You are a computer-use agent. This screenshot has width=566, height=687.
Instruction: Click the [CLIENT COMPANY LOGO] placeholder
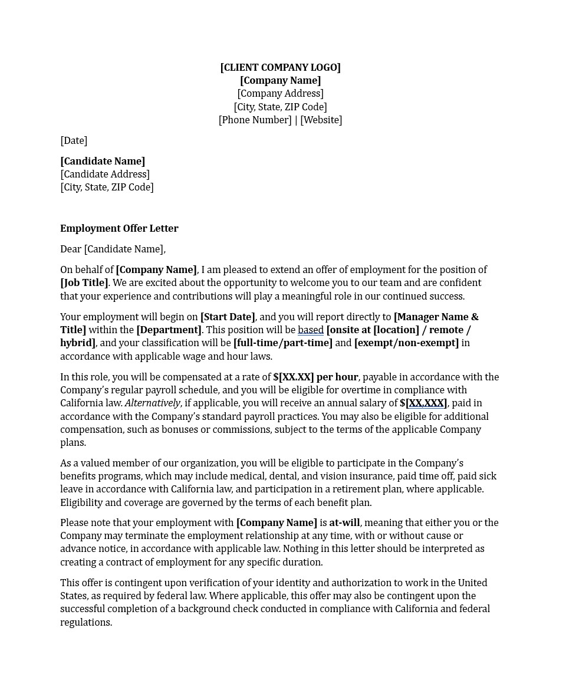(x=280, y=67)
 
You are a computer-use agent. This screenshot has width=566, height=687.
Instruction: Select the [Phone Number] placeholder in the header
(x=255, y=120)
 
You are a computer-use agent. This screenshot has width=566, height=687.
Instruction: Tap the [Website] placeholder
(x=321, y=120)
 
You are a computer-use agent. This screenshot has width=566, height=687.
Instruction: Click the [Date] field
(x=74, y=140)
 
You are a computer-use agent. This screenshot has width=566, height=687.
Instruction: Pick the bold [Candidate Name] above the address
(x=103, y=161)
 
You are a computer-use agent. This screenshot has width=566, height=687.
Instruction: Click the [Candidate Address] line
(x=105, y=174)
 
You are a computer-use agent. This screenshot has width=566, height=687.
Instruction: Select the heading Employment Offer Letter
(x=119, y=228)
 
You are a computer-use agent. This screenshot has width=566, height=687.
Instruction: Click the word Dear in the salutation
(x=71, y=249)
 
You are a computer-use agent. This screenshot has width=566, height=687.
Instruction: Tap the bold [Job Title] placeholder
(x=84, y=282)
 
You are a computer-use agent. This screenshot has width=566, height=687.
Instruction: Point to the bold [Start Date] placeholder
(x=228, y=317)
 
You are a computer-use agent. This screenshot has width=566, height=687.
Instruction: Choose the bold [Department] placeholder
(x=169, y=330)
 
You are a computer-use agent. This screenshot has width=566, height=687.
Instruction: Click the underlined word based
(x=311, y=330)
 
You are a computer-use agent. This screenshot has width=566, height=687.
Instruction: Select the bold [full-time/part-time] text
(x=283, y=343)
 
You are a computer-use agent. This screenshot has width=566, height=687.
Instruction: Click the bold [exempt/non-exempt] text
(x=406, y=343)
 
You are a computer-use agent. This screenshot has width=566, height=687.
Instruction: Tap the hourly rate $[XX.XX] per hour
(x=315, y=377)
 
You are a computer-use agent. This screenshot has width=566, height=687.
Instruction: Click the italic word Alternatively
(x=152, y=403)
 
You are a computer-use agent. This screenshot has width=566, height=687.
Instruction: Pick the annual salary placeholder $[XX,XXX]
(x=423, y=403)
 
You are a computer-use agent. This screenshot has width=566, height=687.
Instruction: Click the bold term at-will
(x=344, y=522)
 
